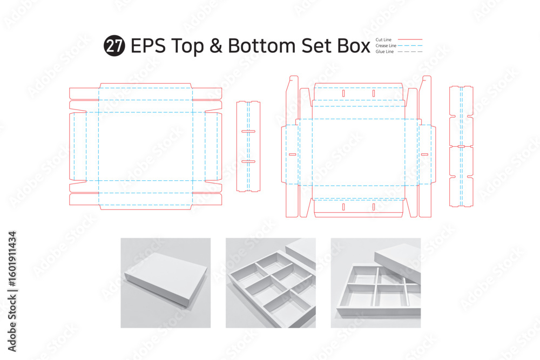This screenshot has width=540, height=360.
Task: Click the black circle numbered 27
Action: pyautogui.click(x=114, y=46)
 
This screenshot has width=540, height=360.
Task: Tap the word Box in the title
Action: pyautogui.click(x=354, y=46)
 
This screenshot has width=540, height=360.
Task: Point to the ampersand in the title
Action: pyautogui.click(x=215, y=46)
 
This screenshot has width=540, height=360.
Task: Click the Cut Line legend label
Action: pyautogui.click(x=383, y=39)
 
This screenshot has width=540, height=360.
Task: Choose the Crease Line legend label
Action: pyautogui.click(x=386, y=45)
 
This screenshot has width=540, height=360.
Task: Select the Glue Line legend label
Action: pyautogui.click(x=384, y=51)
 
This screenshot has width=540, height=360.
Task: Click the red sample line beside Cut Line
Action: pyautogui.click(x=410, y=39)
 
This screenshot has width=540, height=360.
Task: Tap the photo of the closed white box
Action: pyautogui.click(x=166, y=283)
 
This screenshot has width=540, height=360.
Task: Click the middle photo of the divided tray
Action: pyautogui.click(x=271, y=283)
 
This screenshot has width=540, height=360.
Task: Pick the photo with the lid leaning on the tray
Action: pyautogui.click(x=376, y=283)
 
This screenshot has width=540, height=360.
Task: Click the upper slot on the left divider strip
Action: pyautogui.click(x=248, y=131)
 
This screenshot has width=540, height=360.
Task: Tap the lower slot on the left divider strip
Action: pyautogui.click(x=248, y=161)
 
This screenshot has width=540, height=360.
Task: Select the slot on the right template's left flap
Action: pyautogui.click(x=292, y=154)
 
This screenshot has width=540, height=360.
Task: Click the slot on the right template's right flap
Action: pyautogui.click(x=424, y=154)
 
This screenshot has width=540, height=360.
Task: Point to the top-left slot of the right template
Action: pyautogui.click(x=343, y=93)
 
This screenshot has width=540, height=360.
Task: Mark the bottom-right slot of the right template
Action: pyautogui.click(x=374, y=207)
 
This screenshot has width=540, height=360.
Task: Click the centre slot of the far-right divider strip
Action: pyautogui.click(x=461, y=146)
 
